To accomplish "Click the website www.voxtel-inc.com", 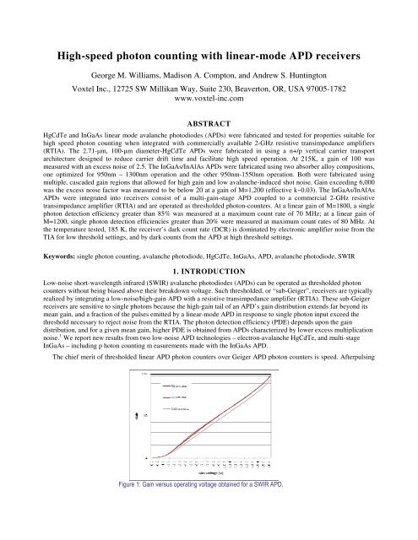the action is coord(209,109).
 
